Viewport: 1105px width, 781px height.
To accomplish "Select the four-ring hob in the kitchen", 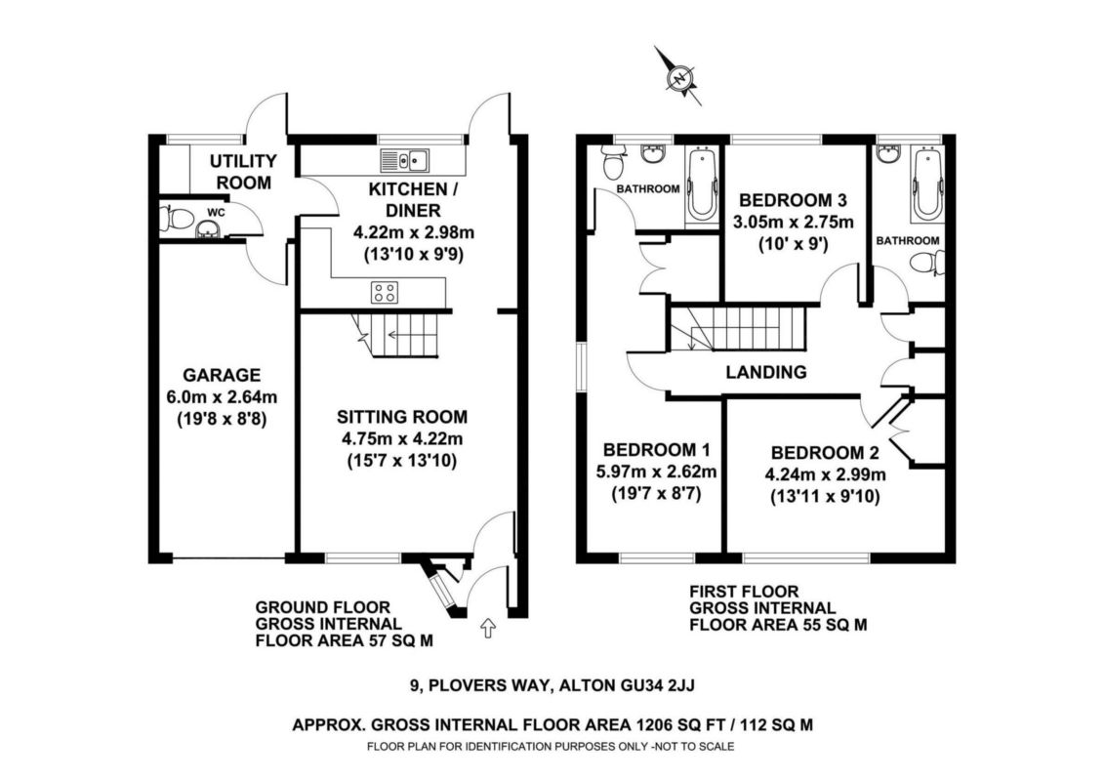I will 385,291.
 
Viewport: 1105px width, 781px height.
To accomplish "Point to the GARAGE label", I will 223,374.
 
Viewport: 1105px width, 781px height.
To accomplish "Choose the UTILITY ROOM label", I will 244,171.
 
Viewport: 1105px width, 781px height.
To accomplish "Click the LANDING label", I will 766,372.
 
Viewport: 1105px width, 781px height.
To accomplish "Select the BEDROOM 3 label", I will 793,197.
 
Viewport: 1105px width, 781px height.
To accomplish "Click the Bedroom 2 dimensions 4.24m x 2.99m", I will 826,475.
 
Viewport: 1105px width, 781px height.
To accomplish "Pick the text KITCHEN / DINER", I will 405,198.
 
